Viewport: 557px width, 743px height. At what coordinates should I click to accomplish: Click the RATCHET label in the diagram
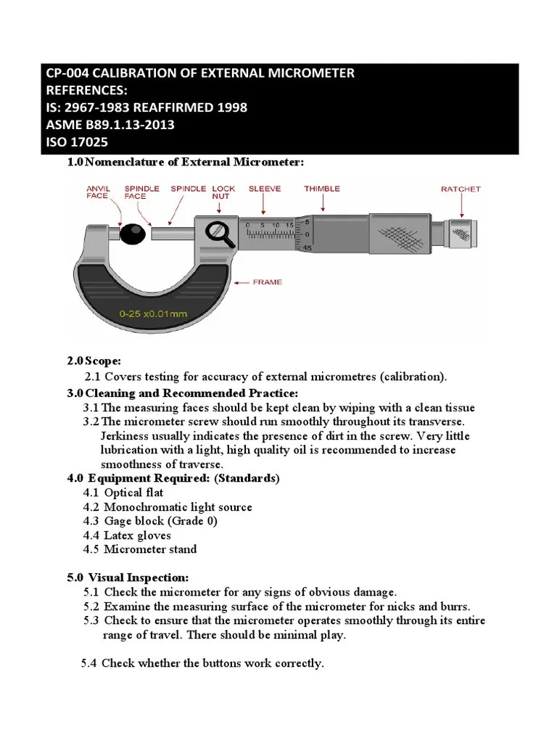point(461,189)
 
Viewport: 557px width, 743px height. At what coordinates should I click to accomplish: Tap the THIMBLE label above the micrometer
point(321,189)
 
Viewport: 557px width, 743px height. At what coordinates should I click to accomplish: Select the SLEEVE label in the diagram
point(265,189)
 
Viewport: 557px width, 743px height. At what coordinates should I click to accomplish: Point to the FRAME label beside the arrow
point(267,282)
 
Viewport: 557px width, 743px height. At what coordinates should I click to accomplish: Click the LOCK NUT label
point(222,192)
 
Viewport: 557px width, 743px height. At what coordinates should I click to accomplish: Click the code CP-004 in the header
point(70,73)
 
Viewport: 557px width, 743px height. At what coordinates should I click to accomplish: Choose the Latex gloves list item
point(137,535)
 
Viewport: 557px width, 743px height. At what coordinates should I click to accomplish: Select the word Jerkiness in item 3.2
point(129,436)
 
